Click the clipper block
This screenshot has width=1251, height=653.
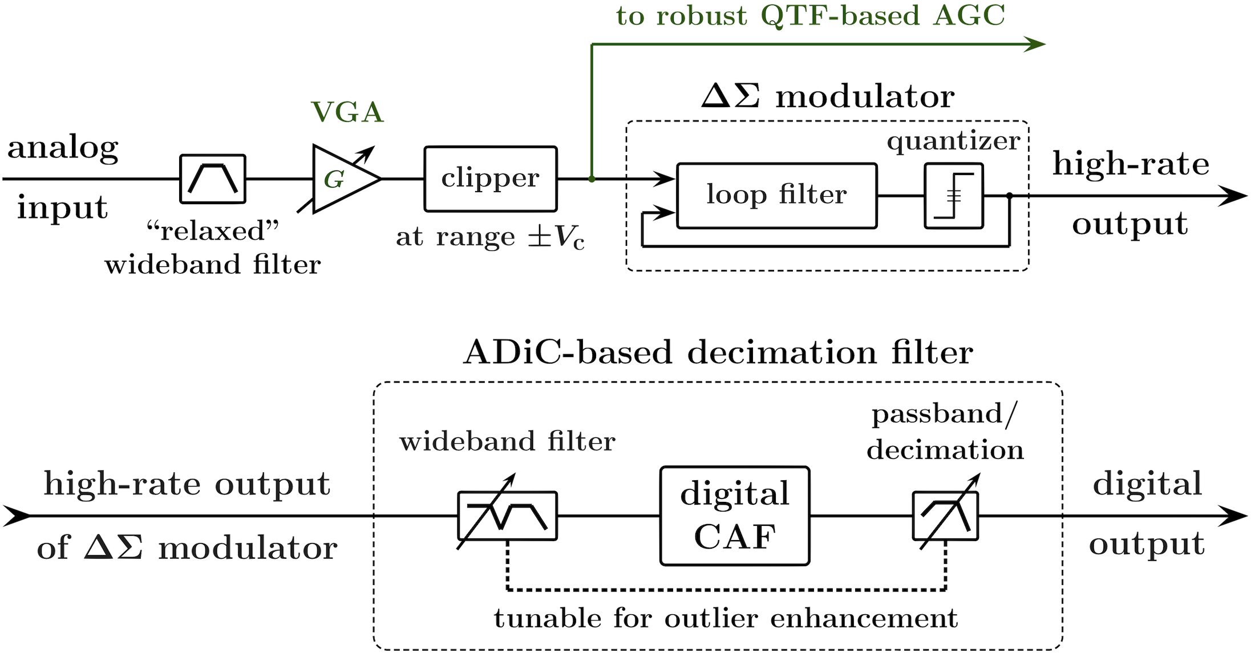point(490,179)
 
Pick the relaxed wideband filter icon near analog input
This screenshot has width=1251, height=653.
point(214,179)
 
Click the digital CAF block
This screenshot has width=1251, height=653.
point(735,516)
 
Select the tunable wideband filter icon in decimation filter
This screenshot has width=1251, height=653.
point(507,516)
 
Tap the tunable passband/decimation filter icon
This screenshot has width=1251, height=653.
point(945,516)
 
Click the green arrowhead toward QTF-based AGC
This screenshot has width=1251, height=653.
point(1035,44)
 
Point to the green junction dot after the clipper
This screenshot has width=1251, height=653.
point(592,180)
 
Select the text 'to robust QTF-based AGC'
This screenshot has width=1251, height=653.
point(811,17)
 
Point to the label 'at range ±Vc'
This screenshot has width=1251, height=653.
point(490,238)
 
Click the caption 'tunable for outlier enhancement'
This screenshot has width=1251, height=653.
point(725,619)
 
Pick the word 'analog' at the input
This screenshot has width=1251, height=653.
point(63,151)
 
